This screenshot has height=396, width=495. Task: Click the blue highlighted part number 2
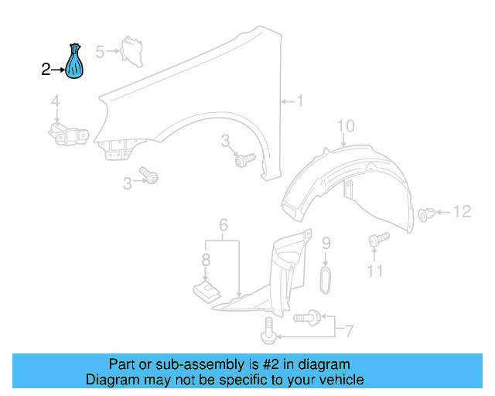pos(75,63)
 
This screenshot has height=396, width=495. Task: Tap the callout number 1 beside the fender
pos(300,101)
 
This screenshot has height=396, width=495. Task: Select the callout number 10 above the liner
pos(345,126)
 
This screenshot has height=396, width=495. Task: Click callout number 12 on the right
pos(461,211)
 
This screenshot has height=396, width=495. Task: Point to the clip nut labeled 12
pos(425,213)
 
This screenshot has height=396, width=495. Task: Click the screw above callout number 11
pos(378,240)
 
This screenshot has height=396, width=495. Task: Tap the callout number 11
pos(375,271)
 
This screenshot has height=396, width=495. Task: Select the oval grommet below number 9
pos(326,280)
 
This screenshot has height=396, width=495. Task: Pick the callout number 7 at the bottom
pos(348,332)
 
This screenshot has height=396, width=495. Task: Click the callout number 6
pos(223,226)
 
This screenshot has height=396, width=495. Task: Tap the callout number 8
pos(206,261)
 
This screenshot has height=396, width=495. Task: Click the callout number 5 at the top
pos(100,52)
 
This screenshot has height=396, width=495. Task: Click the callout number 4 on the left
pos(56,101)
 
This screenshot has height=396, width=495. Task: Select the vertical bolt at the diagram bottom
pos(268,331)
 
